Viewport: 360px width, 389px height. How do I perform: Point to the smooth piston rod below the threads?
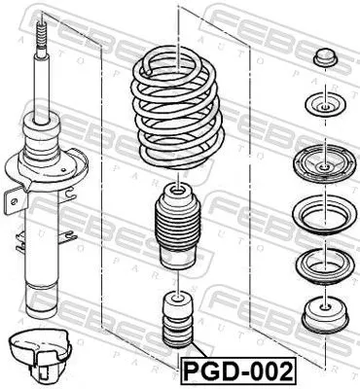44,83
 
